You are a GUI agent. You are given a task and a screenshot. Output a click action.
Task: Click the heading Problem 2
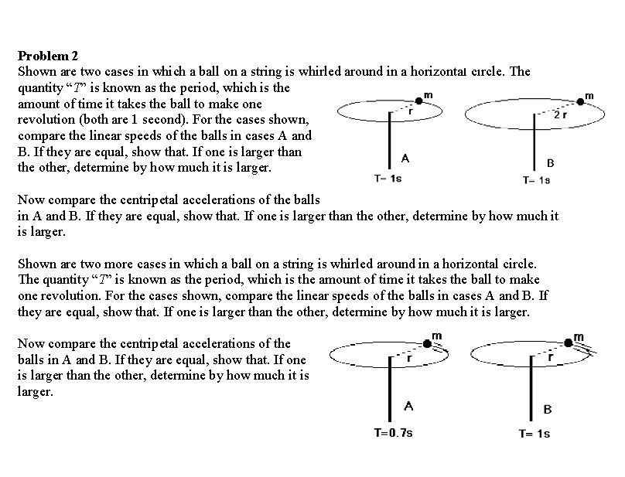coord(48,56)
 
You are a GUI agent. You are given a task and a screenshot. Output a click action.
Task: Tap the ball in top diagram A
coord(419,100)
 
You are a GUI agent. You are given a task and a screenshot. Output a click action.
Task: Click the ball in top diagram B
coord(581,102)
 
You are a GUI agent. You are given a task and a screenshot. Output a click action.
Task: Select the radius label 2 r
coord(562,116)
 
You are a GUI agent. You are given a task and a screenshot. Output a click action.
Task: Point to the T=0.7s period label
coord(393,432)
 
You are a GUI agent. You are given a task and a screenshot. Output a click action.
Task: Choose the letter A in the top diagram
coord(405,158)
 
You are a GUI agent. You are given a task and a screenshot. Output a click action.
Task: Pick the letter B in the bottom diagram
coord(548,409)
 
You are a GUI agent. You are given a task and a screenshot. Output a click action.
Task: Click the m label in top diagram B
coord(589,95)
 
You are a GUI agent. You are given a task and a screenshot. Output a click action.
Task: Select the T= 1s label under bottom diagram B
coord(534,433)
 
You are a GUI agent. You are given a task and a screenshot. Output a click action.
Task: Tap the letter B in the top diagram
coord(550,163)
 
